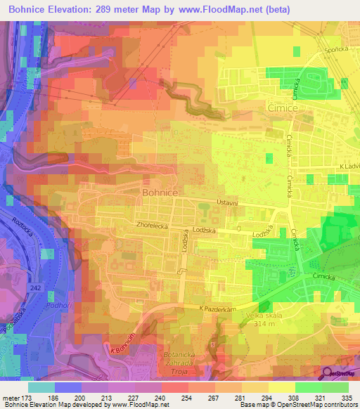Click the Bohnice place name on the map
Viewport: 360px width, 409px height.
click(x=164, y=190)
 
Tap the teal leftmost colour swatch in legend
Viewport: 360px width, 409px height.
click(x=41, y=387)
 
